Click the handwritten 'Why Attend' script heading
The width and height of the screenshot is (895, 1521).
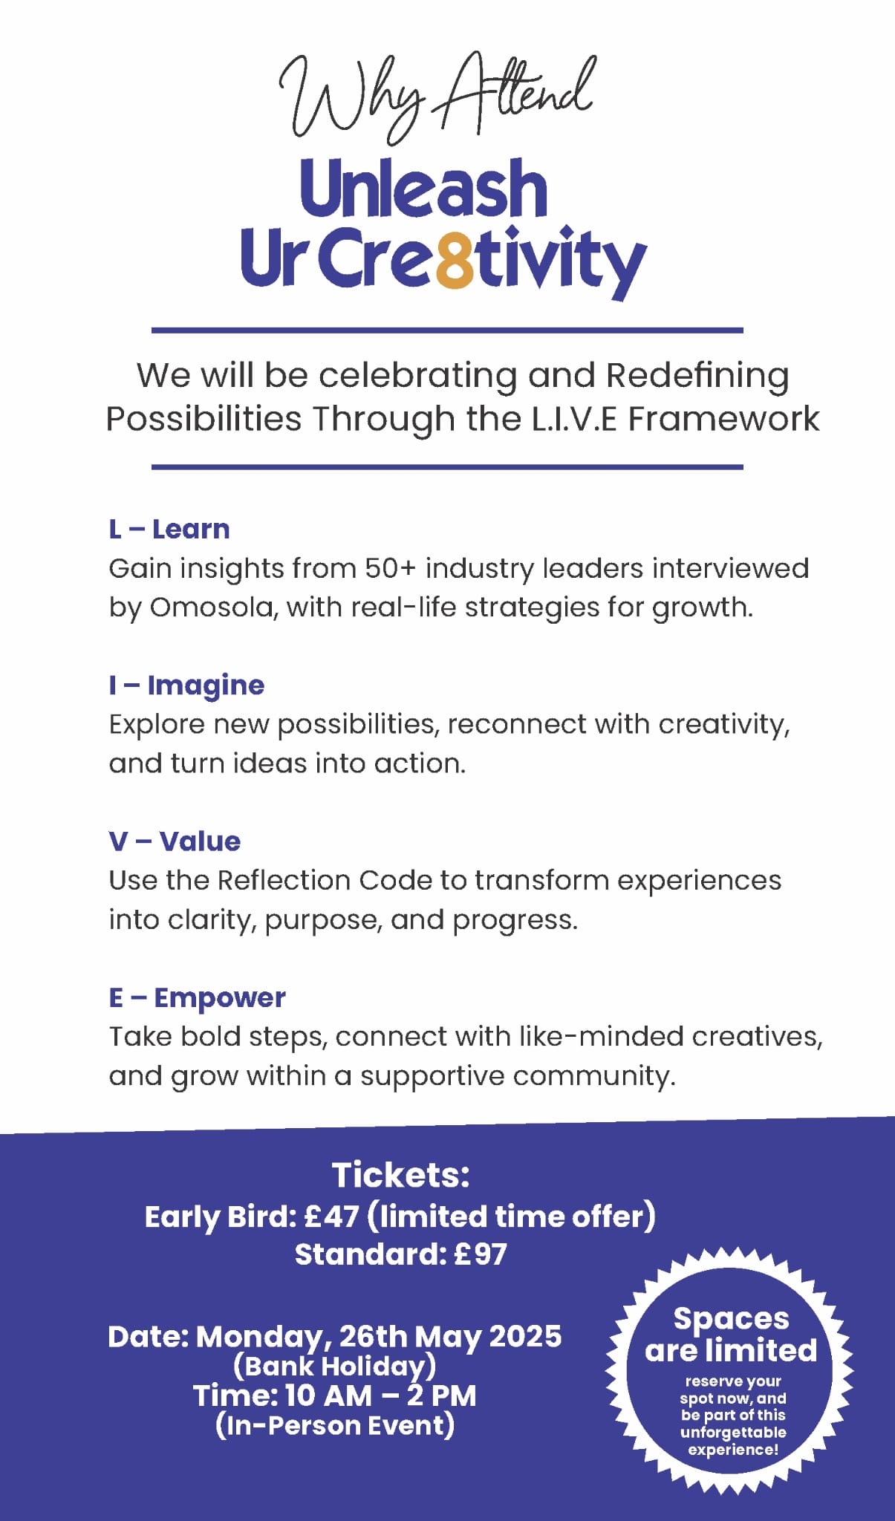click(x=437, y=97)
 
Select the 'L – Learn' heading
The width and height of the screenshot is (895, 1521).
click(x=169, y=530)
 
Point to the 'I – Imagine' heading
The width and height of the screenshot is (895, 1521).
click(x=186, y=685)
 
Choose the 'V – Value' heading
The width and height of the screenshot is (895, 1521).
click(x=175, y=841)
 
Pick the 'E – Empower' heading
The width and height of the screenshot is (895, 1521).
click(x=197, y=997)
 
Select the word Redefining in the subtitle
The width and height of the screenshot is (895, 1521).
click(x=697, y=376)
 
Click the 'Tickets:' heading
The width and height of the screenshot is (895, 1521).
click(x=400, y=1176)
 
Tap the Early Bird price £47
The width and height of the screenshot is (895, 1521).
click(x=332, y=1217)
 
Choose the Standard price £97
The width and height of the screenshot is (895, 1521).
click(x=480, y=1254)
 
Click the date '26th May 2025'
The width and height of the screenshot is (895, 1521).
click(x=450, y=1337)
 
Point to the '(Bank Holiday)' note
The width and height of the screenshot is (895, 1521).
click(x=334, y=1366)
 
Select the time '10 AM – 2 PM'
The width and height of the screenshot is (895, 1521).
click(x=380, y=1395)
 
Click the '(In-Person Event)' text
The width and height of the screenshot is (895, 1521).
click(x=335, y=1425)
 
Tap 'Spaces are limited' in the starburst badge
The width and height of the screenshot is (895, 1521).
click(x=731, y=1335)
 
